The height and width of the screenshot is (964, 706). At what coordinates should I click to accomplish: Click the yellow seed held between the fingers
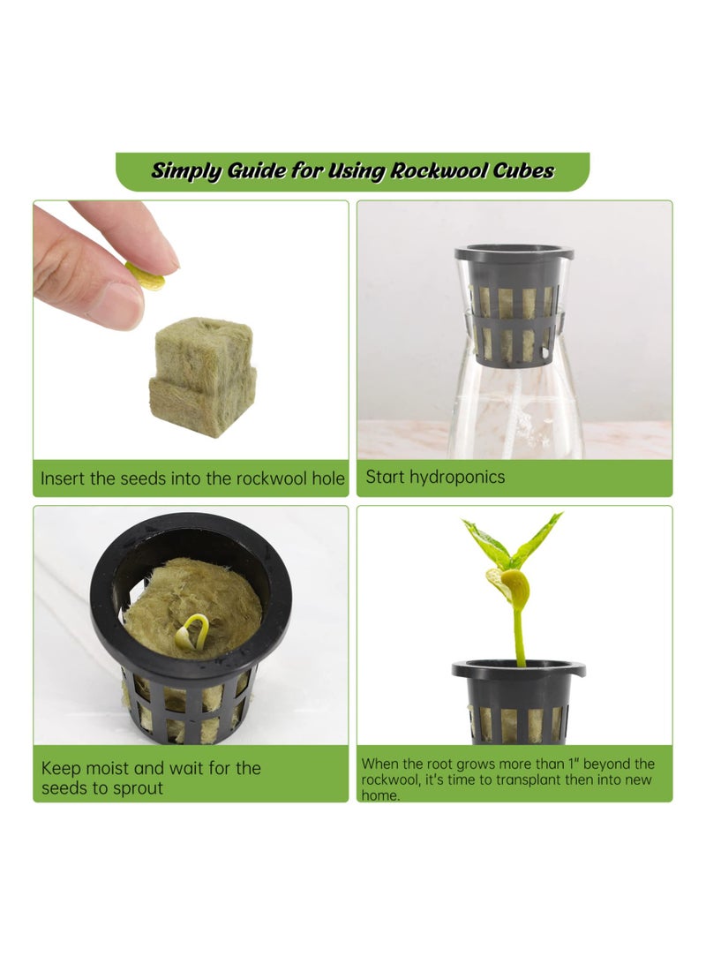(146, 277)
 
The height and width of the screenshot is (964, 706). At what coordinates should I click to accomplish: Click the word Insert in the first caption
(64, 478)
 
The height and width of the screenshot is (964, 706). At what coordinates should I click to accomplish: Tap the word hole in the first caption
(327, 478)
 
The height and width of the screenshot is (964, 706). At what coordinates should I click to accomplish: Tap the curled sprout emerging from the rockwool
(192, 630)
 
